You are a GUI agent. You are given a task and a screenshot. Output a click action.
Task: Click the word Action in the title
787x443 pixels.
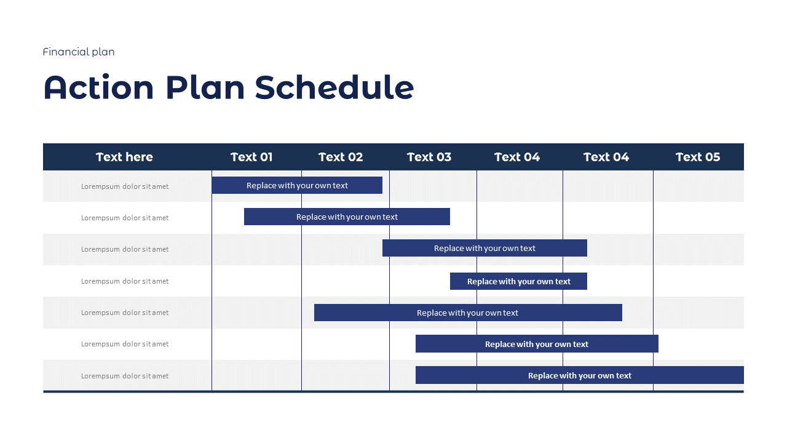click(x=98, y=87)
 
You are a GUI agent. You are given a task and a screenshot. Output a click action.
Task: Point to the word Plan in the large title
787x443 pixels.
click(x=204, y=87)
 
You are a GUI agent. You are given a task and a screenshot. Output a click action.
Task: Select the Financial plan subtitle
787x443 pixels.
click(x=79, y=52)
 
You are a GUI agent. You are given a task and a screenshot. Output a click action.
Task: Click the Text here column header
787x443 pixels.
click(x=124, y=157)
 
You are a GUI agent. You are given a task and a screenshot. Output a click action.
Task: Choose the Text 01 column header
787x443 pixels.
click(x=251, y=157)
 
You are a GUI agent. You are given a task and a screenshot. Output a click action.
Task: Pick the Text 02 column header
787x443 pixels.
click(x=341, y=157)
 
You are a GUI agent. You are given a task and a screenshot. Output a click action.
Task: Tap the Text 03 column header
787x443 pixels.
click(x=429, y=157)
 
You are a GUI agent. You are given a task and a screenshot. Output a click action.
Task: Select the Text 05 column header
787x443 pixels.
click(x=698, y=157)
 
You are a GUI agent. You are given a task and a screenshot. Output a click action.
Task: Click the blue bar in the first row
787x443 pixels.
click(x=297, y=185)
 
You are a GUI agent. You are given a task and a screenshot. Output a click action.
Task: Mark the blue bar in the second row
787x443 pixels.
click(x=347, y=217)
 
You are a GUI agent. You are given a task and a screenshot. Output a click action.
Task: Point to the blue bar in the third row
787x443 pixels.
click(x=484, y=248)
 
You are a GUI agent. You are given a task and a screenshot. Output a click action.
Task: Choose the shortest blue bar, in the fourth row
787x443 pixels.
click(x=518, y=281)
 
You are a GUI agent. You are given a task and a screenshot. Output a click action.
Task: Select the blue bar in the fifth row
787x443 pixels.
click(x=468, y=313)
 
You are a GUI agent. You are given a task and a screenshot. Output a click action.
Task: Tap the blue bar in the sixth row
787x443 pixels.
click(x=537, y=344)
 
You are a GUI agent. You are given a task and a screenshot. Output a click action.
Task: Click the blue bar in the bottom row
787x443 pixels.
click(x=579, y=375)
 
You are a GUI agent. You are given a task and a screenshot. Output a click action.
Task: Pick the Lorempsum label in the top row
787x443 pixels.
click(x=125, y=186)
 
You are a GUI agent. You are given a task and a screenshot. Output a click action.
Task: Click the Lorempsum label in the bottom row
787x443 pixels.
click(x=125, y=376)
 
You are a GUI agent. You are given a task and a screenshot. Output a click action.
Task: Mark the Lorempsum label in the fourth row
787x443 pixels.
click(x=125, y=281)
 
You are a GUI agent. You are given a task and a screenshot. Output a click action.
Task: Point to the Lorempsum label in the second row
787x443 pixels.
click(x=125, y=218)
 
